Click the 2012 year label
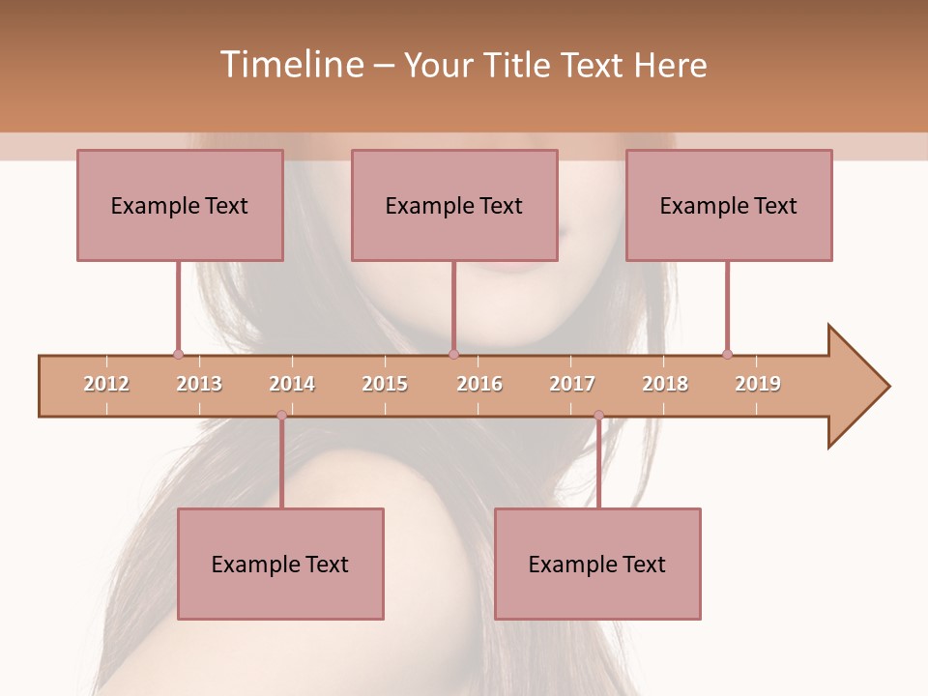point(106,384)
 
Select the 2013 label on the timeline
point(199,384)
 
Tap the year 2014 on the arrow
point(292,384)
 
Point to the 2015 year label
point(385,384)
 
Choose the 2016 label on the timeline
point(479,384)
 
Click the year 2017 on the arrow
point(572,384)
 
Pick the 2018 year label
point(665,384)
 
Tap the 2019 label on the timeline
point(758,384)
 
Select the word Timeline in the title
point(290,65)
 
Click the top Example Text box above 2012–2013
point(180,205)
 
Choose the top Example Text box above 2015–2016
point(454,205)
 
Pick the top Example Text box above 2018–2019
point(729,205)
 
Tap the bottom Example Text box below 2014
point(280,564)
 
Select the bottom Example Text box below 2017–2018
point(597,564)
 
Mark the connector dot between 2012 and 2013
point(178,355)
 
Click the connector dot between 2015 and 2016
point(453,355)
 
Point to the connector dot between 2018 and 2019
point(727,355)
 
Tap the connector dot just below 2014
point(281,416)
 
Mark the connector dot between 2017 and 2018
point(598,416)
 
